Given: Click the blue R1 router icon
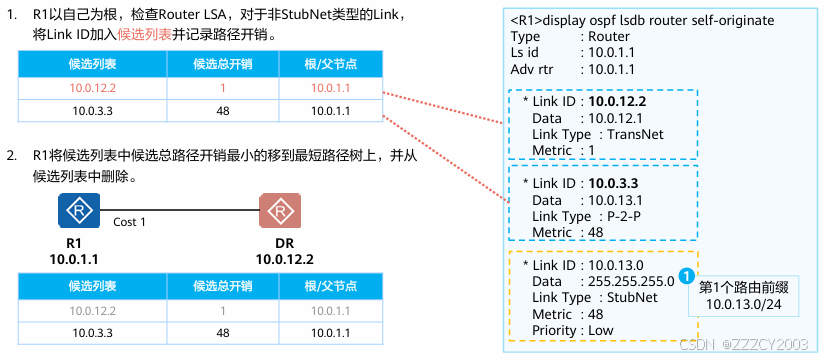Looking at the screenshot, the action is (x=79, y=210).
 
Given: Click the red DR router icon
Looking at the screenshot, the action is (x=280, y=210).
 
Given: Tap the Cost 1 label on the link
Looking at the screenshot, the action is (x=129, y=222).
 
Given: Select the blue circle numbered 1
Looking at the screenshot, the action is (x=686, y=275).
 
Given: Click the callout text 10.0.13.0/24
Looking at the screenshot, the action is (x=743, y=304).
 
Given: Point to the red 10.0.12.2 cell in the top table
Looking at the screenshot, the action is (x=93, y=88).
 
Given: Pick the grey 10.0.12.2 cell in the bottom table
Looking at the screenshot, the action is (x=93, y=311).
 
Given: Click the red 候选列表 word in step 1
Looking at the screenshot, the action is (x=144, y=35).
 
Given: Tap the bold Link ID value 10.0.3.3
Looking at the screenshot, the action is (x=613, y=183).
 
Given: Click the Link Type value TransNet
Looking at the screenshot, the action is (x=635, y=134).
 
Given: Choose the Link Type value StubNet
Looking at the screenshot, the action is (x=632, y=298).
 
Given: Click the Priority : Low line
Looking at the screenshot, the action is (x=573, y=330).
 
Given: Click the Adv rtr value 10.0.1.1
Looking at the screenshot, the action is (x=611, y=69).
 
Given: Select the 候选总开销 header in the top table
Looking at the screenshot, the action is (x=223, y=64).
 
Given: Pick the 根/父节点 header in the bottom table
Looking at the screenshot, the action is (x=330, y=287).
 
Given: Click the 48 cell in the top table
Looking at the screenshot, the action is (x=223, y=111).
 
